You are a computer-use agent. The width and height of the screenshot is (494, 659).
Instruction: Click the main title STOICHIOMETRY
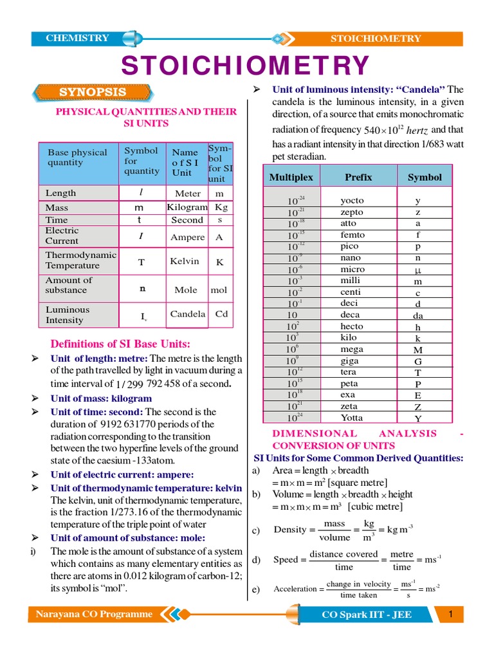point(246,66)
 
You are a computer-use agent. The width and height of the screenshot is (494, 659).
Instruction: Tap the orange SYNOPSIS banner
point(93,92)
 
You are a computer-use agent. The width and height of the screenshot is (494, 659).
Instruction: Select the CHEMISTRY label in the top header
point(77,38)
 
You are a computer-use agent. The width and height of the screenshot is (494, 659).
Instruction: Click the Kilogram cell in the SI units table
point(187,207)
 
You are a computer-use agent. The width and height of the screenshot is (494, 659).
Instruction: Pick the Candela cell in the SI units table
point(188,314)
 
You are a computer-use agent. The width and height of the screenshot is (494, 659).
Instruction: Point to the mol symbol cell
point(219,290)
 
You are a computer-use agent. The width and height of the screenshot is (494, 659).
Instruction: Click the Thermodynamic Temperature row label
point(80,260)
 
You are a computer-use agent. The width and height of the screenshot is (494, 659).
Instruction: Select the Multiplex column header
point(291,177)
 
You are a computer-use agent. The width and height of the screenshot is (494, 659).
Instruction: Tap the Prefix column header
point(358,177)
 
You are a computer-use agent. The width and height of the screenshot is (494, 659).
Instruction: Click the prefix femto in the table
point(352,235)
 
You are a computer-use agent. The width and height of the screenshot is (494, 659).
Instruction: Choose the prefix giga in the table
point(350,361)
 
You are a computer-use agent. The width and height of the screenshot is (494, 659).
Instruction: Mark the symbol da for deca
point(418,316)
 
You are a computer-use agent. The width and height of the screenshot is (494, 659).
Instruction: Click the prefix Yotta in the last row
point(352,418)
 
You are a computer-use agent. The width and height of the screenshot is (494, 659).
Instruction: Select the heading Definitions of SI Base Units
point(120,344)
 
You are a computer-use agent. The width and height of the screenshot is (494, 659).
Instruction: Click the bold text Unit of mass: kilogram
point(101,398)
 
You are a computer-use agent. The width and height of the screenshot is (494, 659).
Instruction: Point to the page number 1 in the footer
point(452,614)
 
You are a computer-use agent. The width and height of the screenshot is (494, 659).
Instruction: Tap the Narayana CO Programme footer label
point(90,614)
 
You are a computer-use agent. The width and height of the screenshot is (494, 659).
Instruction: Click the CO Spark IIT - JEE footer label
point(367,615)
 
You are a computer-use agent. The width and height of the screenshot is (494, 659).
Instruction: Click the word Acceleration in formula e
point(295,589)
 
